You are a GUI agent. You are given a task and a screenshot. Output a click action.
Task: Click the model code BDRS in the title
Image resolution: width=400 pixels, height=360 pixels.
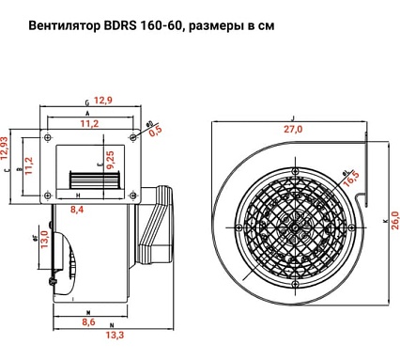[x=128, y=29]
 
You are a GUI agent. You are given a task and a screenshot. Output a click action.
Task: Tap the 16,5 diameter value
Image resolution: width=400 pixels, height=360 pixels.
[x=351, y=179]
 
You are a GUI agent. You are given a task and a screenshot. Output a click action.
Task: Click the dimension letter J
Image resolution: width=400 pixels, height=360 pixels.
[x=294, y=119]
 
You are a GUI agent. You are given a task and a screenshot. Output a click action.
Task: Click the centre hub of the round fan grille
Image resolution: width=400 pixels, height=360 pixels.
[x=294, y=227]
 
